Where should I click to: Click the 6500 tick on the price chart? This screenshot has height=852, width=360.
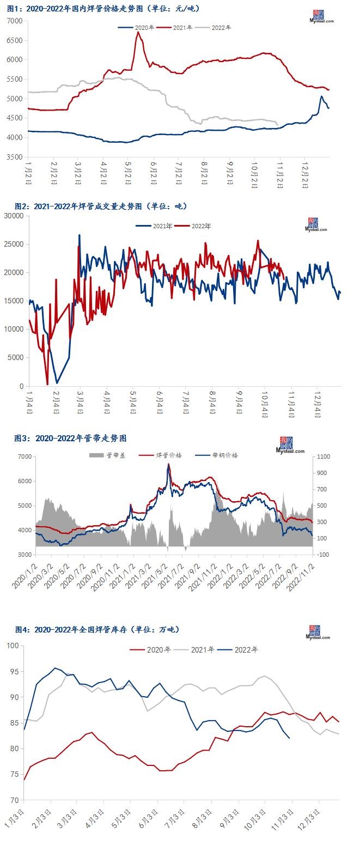(14, 40)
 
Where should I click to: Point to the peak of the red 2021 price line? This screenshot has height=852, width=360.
(138, 32)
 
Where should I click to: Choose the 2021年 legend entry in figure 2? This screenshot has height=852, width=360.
(155, 226)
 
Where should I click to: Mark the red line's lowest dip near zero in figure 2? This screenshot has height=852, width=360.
(47, 384)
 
